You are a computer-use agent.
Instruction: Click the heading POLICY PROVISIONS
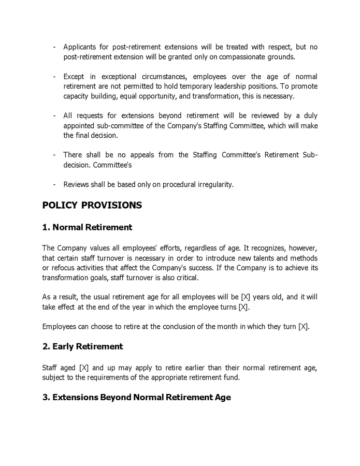point(92,205)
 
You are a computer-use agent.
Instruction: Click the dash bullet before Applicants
point(54,47)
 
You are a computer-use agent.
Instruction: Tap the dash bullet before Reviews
point(54,184)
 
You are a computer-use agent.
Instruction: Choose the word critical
point(187,278)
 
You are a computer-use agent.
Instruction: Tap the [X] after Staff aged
point(84,368)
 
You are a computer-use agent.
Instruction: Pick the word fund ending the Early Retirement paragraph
point(232,377)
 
